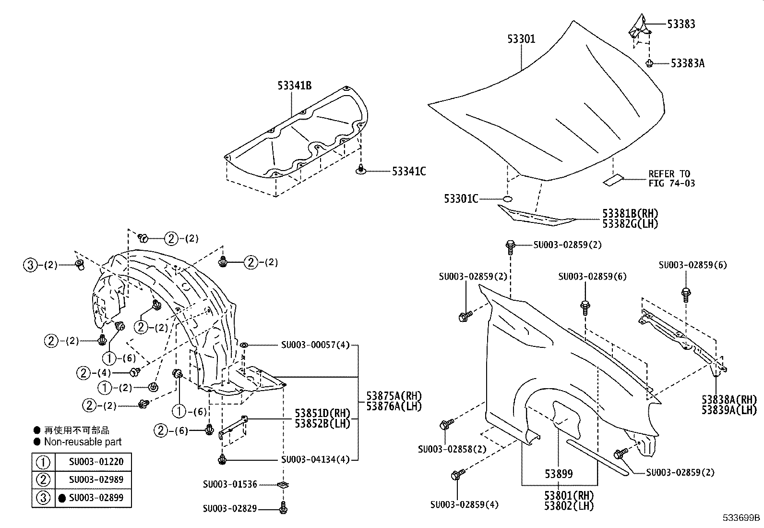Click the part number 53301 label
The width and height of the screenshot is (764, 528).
coord(521,39)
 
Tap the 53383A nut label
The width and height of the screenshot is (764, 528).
coord(687,63)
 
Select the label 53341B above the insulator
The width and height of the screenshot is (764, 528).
coord(294,86)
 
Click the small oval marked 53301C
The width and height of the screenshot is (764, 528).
coord(507,198)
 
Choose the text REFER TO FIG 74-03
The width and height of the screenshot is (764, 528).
coord(671,178)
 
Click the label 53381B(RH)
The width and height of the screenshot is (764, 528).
coord(630,213)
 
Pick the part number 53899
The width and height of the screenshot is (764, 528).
coord(559,474)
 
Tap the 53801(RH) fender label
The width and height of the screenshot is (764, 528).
coord(569,495)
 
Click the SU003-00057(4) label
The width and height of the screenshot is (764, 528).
coord(315,345)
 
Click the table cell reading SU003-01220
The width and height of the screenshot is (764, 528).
coord(96,462)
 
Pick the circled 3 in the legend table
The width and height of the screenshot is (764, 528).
coord(43,498)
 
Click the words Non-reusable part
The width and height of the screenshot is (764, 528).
coord(83,442)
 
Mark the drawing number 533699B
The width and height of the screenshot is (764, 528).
coord(742,518)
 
